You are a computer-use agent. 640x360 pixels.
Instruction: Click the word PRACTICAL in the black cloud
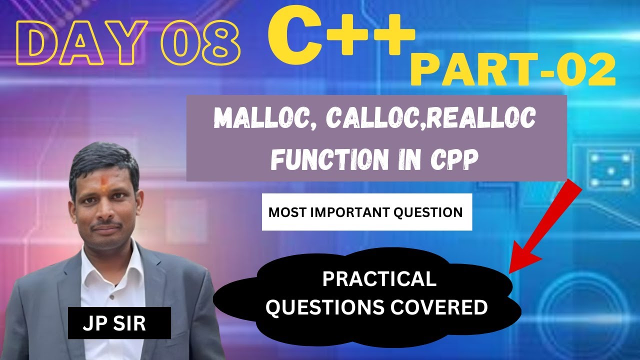point(379,279)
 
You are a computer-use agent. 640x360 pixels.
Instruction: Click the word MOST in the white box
point(285,212)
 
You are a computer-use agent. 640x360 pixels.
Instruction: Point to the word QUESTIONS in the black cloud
point(319,307)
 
